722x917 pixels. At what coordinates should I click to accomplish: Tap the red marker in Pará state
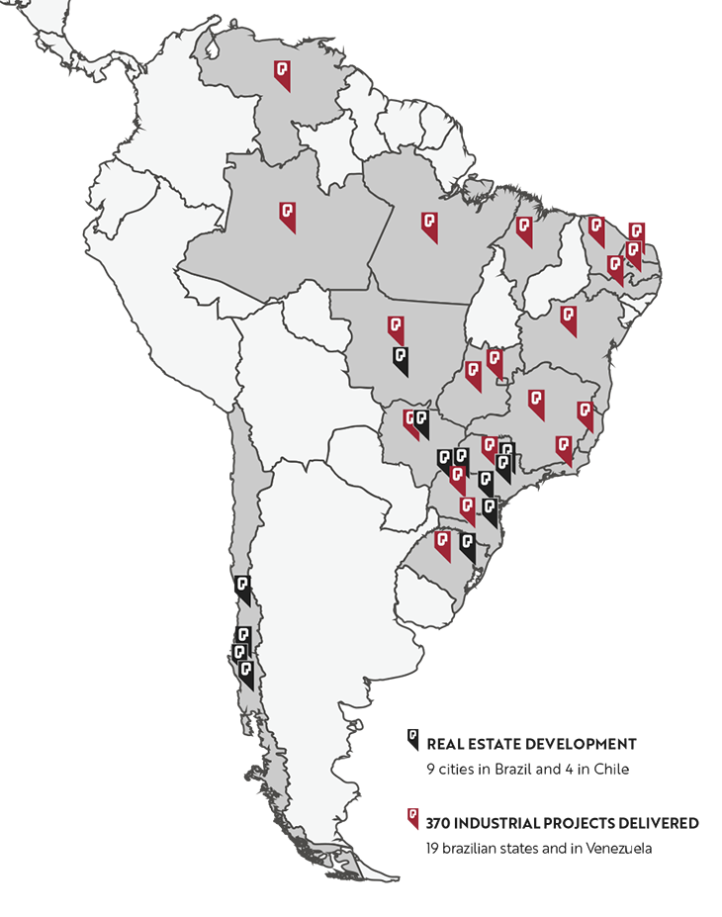point(429,226)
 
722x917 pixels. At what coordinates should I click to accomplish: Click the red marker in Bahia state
point(568,320)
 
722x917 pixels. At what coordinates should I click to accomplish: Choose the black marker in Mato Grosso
point(401,359)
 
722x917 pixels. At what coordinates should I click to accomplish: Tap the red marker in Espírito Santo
point(585,413)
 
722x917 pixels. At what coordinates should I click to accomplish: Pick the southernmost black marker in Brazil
point(467,547)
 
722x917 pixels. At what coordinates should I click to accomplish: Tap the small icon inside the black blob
point(412,735)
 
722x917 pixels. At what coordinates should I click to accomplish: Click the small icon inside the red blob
point(411,814)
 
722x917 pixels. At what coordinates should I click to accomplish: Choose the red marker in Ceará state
point(596,230)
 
